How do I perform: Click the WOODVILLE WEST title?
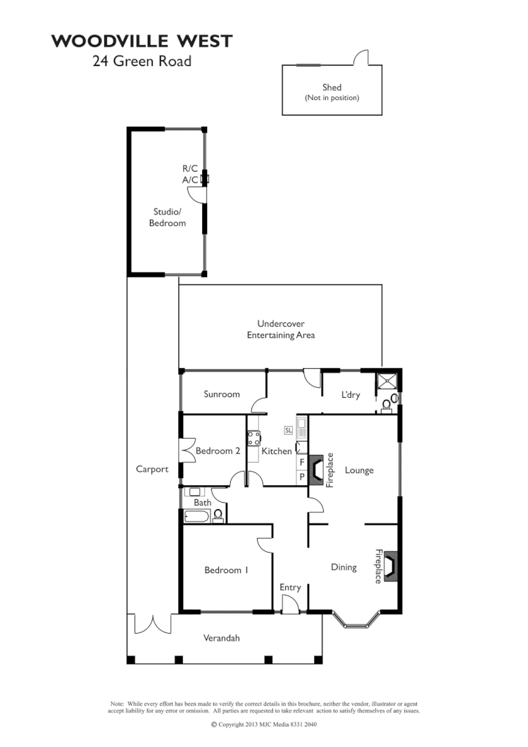142,42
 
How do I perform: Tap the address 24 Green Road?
142,61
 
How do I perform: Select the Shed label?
332,88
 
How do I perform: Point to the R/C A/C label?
190,174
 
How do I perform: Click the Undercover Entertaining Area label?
280,329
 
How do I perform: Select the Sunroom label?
222,394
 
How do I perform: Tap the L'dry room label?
351,395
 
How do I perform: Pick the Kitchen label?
277,451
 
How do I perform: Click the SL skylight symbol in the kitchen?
289,429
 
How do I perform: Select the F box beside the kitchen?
301,462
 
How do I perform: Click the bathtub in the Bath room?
197,517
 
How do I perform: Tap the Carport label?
152,469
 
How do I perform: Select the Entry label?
290,587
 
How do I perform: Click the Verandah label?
222,638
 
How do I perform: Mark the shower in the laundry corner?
388,381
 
